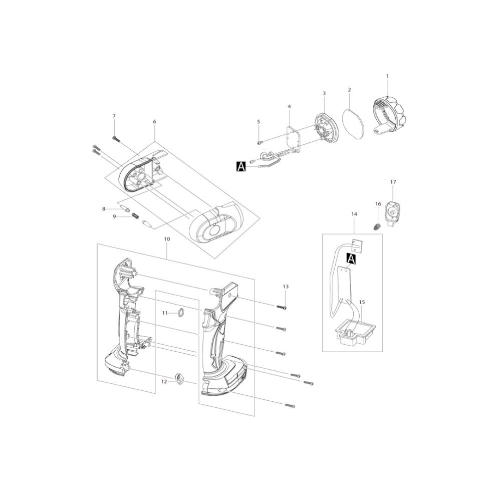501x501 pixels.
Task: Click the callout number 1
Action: pos(388,76)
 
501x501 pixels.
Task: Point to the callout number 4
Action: pos(289,106)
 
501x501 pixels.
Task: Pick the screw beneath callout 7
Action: pos(116,138)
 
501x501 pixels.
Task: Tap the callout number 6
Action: pos(155,121)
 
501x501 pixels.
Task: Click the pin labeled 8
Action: pos(125,209)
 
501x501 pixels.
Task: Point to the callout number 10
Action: pos(167,238)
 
